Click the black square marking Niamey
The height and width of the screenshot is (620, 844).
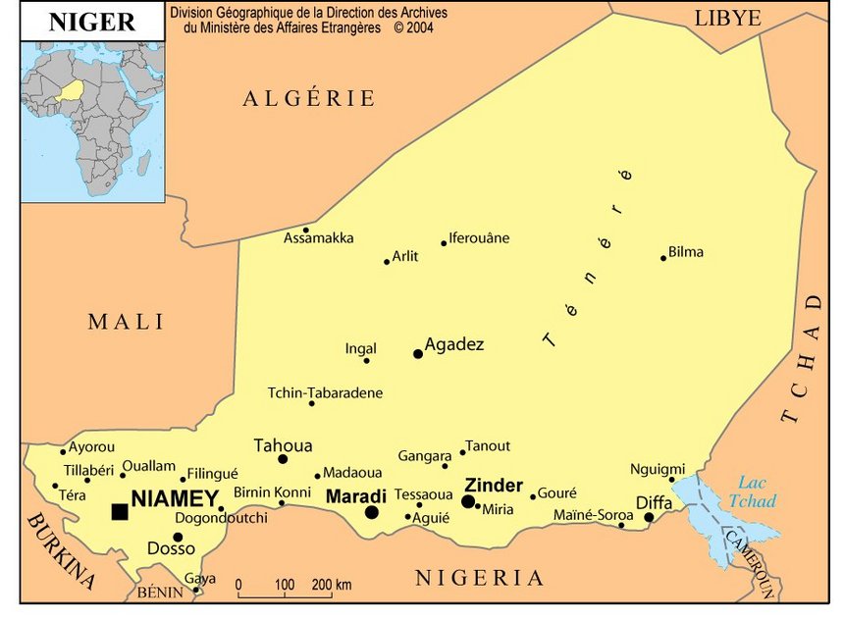pyautogui.click(x=120, y=511)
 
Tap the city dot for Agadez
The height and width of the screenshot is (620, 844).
pyautogui.click(x=418, y=353)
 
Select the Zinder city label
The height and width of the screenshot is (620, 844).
pyautogui.click(x=493, y=485)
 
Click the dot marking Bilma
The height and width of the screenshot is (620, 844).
pyautogui.click(x=663, y=258)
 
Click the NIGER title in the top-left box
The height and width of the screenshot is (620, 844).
pyautogui.click(x=91, y=22)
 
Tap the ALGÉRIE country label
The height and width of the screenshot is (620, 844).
pyautogui.click(x=309, y=98)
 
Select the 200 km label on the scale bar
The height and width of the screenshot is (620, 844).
pyautogui.click(x=331, y=585)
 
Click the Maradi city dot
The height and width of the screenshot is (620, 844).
pyautogui.click(x=372, y=512)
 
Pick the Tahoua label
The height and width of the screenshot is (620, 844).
pyautogui.click(x=283, y=444)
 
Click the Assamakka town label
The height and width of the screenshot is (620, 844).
pyautogui.click(x=319, y=238)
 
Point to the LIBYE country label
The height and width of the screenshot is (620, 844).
pyautogui.click(x=727, y=18)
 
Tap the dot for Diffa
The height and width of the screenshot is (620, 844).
pyautogui.click(x=649, y=517)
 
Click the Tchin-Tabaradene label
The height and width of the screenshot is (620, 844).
pyautogui.click(x=325, y=392)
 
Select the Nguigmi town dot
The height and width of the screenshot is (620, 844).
pyautogui.click(x=672, y=480)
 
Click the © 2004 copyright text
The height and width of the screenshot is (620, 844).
pyautogui.click(x=413, y=27)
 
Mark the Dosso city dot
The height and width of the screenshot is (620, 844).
pyautogui.click(x=178, y=537)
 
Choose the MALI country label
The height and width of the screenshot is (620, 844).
pyautogui.click(x=127, y=322)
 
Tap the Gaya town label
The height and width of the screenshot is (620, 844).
pyautogui.click(x=200, y=578)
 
